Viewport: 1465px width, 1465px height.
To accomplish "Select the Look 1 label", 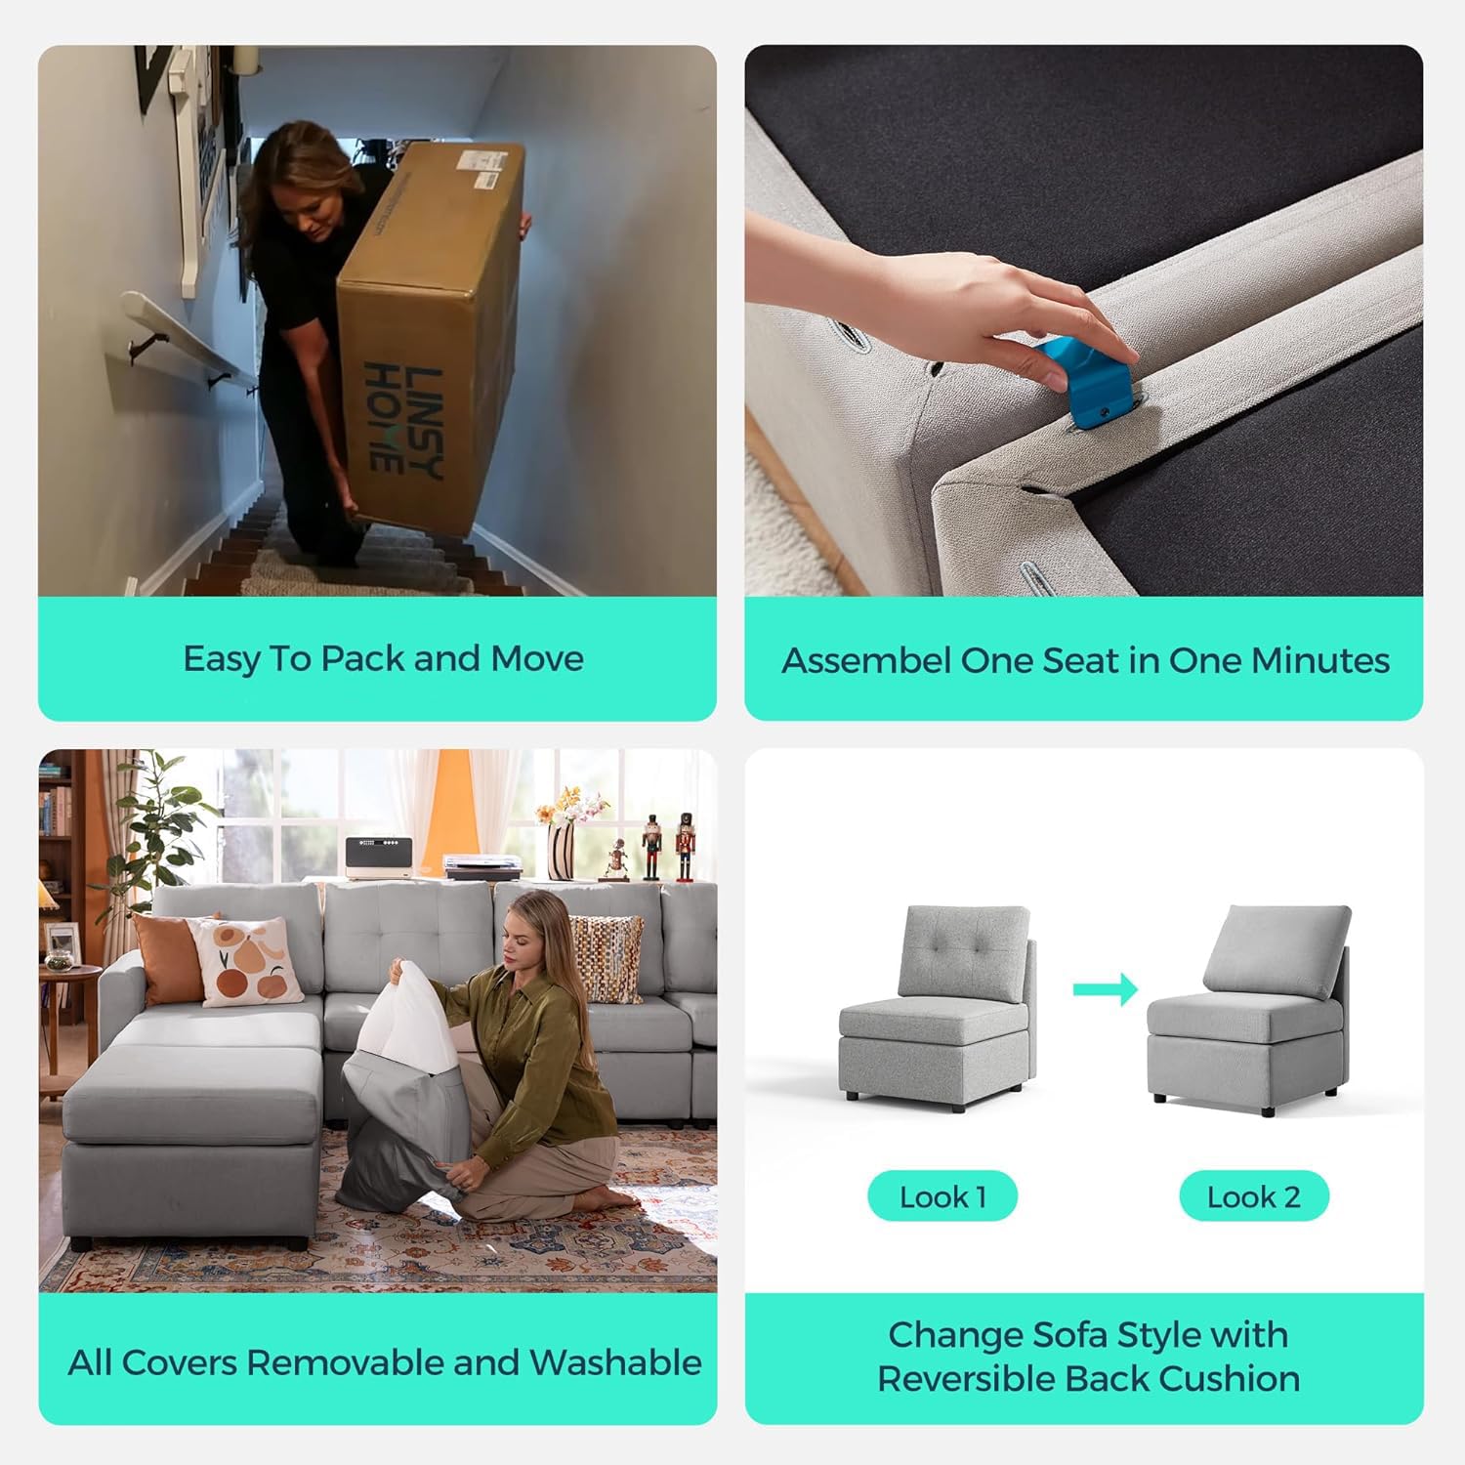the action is [942, 1196].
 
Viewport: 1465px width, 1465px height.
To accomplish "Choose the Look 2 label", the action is [1254, 1196].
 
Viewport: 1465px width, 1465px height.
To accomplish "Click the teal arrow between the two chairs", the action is [1106, 988].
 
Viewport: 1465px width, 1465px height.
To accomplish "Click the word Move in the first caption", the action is [537, 658].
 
